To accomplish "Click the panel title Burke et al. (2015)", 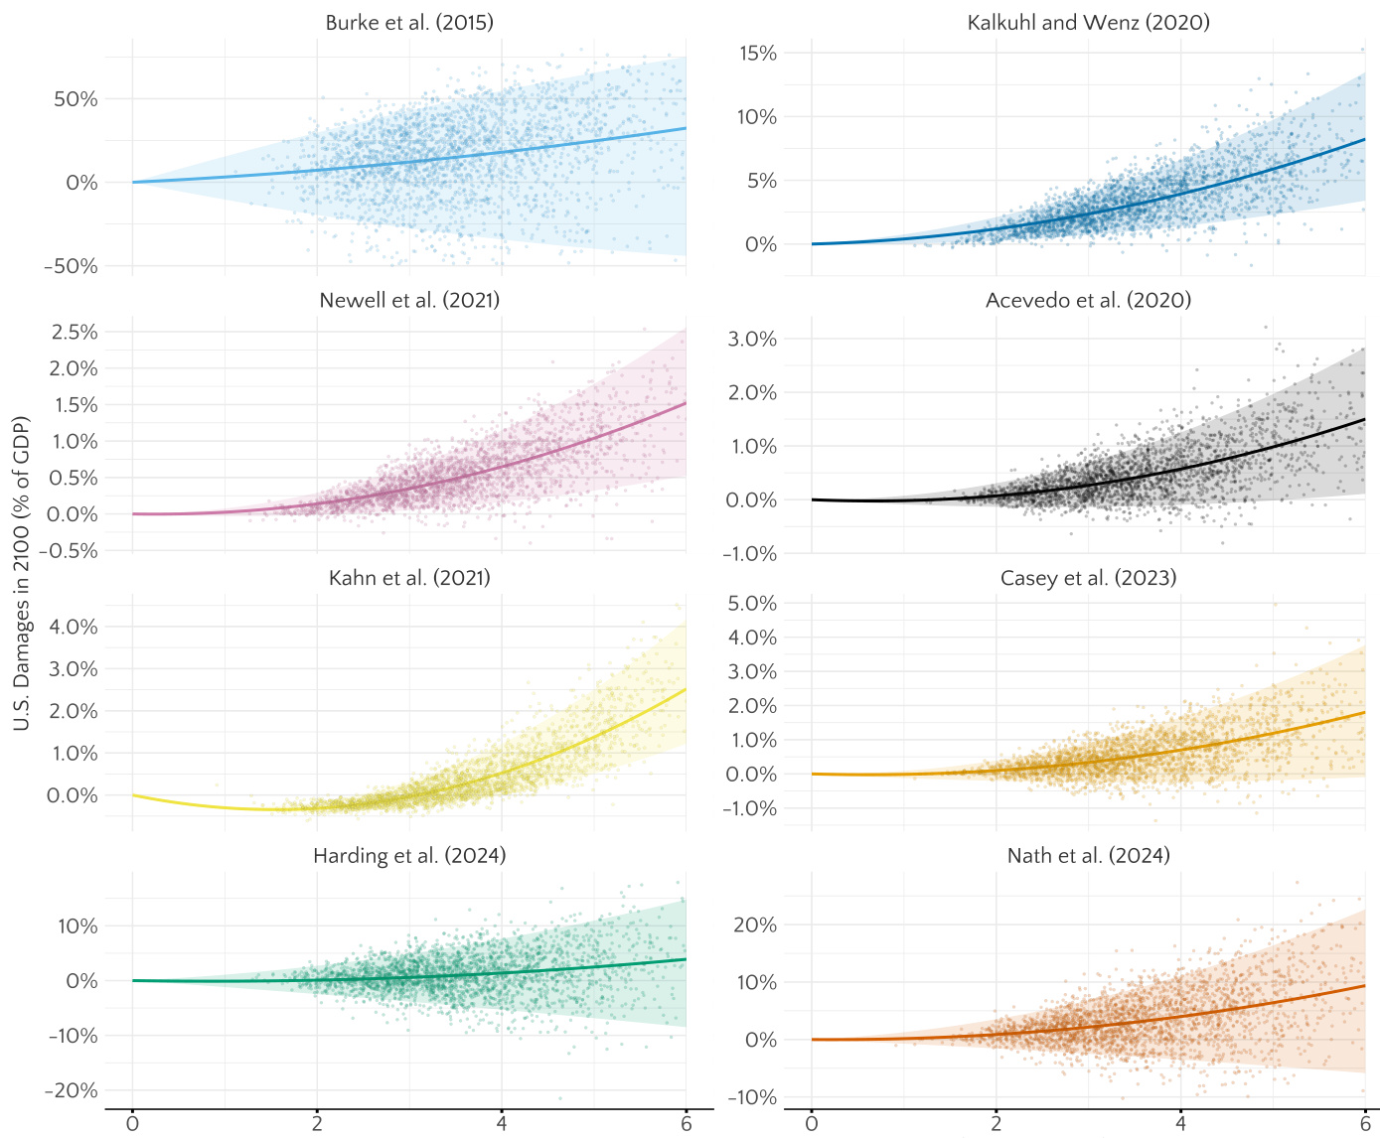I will [409, 22].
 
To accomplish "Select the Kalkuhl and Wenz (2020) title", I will [1088, 22].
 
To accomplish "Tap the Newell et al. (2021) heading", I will [409, 300].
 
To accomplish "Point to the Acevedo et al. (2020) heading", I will [1088, 300].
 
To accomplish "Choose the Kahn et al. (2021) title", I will [409, 578].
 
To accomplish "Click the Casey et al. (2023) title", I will [1088, 578].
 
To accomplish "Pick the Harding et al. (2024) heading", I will [409, 856].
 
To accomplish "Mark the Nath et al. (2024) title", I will [1088, 856].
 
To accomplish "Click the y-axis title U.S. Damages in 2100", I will [22, 574].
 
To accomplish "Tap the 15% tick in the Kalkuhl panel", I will [758, 54].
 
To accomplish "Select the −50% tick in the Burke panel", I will [71, 266].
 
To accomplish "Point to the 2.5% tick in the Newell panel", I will [75, 332].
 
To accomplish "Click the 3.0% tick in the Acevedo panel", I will [753, 340].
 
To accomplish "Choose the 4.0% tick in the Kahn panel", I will [75, 627].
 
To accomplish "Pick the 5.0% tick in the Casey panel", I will [753, 604].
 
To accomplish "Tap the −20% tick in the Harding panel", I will [71, 1090].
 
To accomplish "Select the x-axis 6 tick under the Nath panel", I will [1365, 1123].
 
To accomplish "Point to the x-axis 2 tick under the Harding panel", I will [317, 1123].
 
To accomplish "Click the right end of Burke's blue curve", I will [685, 128].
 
